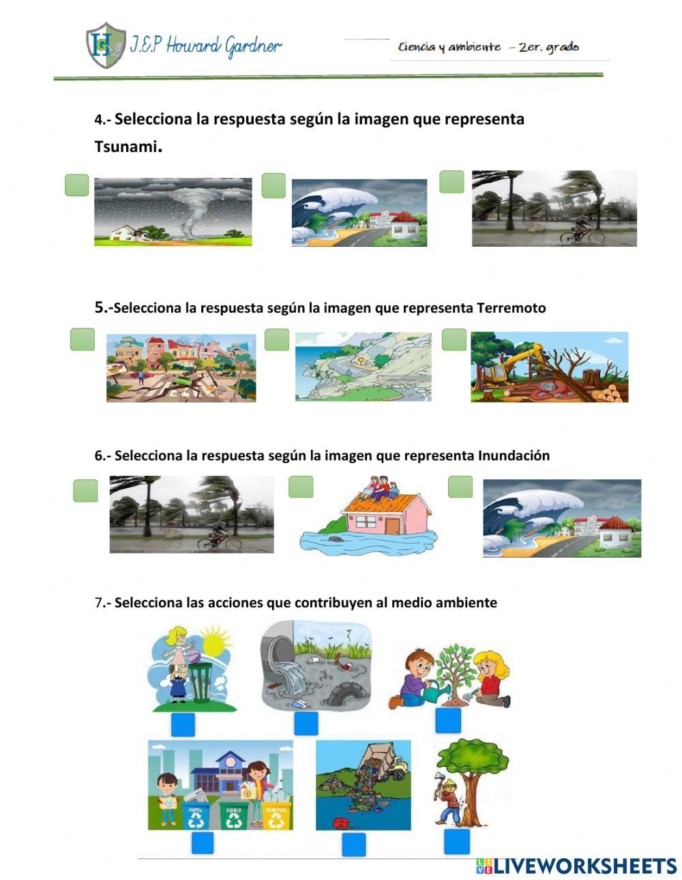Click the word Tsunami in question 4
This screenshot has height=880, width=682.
126,147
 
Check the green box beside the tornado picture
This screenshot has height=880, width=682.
77,185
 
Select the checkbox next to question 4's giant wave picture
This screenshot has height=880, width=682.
273,185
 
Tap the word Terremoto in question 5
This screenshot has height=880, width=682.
512,308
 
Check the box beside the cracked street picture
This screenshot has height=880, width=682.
83,339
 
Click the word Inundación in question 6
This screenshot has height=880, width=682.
514,455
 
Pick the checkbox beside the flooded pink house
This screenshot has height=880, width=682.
301,487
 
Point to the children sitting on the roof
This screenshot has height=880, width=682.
382,488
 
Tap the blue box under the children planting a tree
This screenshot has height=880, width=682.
448,721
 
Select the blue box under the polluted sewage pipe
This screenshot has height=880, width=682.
306,724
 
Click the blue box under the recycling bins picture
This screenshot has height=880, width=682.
202,843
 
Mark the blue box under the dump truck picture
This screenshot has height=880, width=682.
353,845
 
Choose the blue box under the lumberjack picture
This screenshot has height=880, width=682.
457,842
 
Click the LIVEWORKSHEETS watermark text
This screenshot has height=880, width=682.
584,866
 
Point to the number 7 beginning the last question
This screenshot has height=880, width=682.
98,603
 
